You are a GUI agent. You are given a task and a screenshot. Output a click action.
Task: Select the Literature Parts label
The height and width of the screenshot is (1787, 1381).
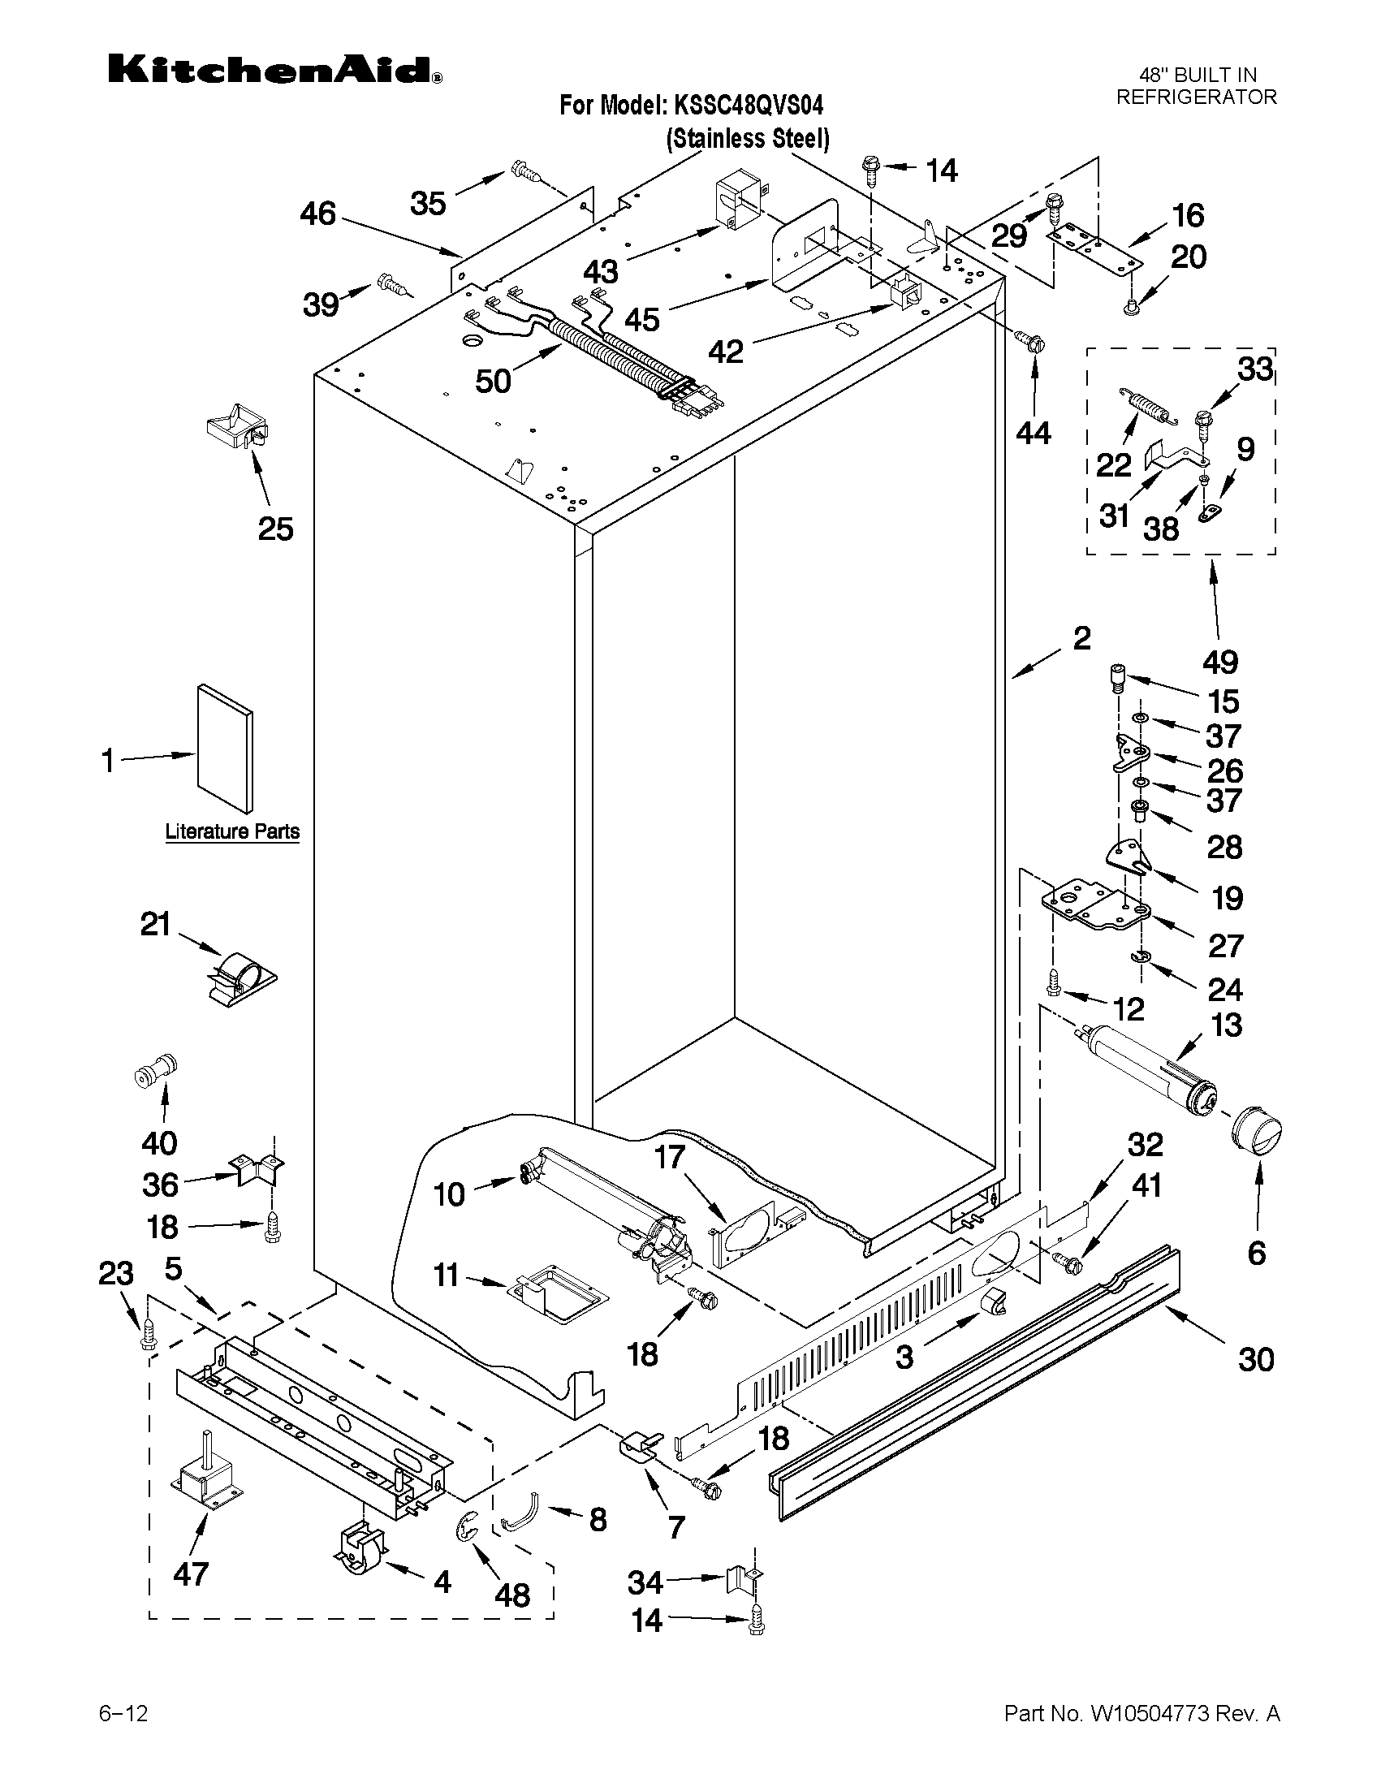pos(232,831)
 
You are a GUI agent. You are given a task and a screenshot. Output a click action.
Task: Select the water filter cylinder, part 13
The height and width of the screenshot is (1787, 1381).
pos(1146,1069)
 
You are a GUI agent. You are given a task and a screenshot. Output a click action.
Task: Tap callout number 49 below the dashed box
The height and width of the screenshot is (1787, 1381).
pos(1219,661)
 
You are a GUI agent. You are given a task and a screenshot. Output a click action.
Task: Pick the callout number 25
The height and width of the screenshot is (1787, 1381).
pos(275,529)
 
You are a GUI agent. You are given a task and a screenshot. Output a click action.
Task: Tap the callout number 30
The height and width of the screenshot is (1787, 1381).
pos(1256,1359)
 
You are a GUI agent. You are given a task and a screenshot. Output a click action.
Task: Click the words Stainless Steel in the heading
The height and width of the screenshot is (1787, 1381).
pos(747,138)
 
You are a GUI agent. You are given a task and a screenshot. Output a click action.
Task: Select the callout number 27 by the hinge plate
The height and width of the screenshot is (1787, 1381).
pos(1225,945)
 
